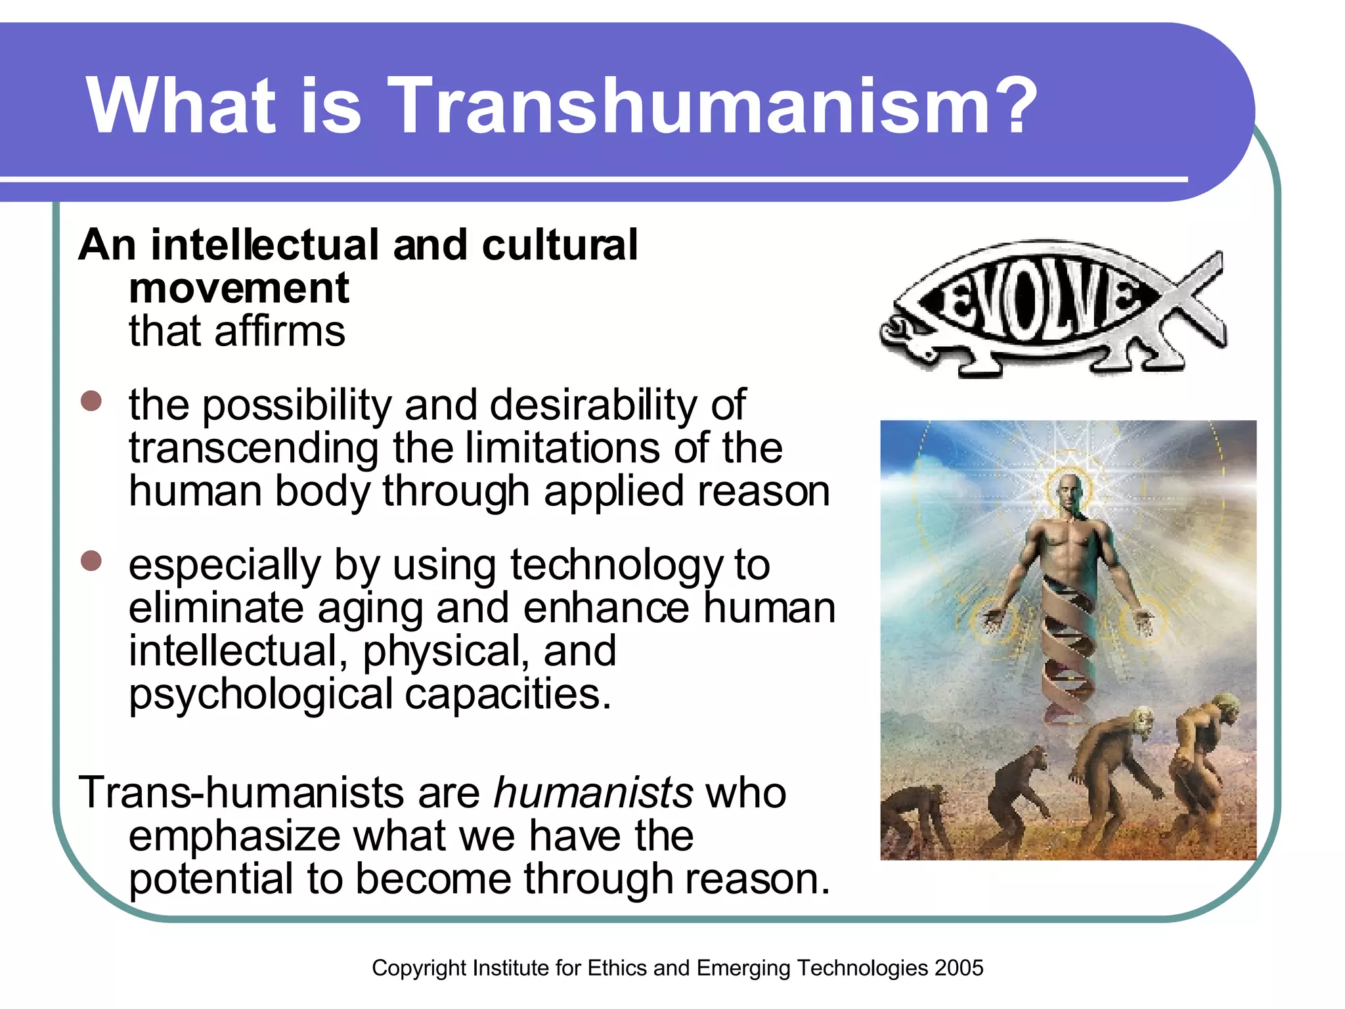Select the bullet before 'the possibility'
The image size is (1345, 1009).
91,401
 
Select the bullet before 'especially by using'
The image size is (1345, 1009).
91,561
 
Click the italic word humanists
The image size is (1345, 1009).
593,793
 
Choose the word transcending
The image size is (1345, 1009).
254,449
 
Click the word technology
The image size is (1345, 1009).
616,566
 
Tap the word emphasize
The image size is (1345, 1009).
234,836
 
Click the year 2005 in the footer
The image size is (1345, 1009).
959,968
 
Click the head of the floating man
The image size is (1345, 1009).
1069,491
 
